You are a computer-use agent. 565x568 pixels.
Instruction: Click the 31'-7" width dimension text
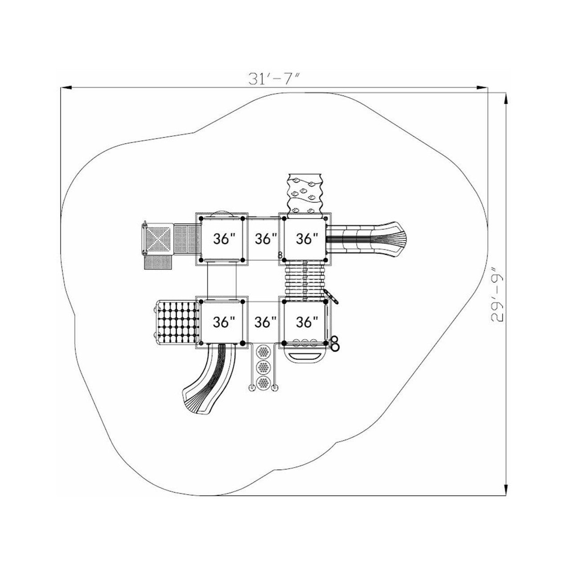274,78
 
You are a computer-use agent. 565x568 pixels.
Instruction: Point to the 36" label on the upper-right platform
307,239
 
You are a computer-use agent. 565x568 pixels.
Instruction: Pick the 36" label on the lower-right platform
307,322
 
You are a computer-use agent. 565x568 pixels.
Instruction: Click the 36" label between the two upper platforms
266,239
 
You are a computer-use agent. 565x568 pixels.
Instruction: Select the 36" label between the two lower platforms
266,322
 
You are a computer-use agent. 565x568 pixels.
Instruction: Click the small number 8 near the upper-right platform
280,255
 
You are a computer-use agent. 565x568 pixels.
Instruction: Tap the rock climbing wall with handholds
305,193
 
